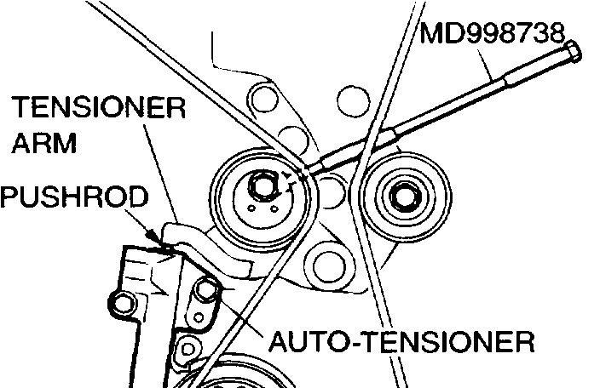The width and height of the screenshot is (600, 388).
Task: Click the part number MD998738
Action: tap(493, 35)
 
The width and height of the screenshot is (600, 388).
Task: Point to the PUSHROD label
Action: tap(74, 197)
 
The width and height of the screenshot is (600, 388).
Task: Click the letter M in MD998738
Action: tap(430, 35)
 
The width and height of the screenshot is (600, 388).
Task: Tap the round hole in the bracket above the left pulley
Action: tap(265, 100)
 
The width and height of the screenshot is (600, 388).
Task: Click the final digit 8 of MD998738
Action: tap(555, 35)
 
